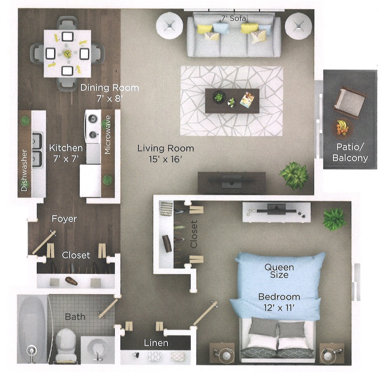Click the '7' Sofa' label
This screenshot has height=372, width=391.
tap(235, 18)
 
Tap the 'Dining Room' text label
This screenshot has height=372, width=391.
tap(109, 88)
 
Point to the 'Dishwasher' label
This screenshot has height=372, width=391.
tap(25, 170)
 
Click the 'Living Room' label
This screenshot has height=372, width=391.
tap(166, 149)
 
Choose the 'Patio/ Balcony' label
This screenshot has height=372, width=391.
tap(350, 152)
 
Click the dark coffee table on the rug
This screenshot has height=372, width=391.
tap(232, 101)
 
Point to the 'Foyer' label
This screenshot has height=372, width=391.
tap(64, 219)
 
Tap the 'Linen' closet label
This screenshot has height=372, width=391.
tap(156, 343)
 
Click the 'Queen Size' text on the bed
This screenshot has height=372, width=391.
tap(280, 271)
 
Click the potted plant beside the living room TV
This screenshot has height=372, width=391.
tap(295, 175)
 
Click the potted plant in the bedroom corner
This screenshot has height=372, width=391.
tap(334, 219)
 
